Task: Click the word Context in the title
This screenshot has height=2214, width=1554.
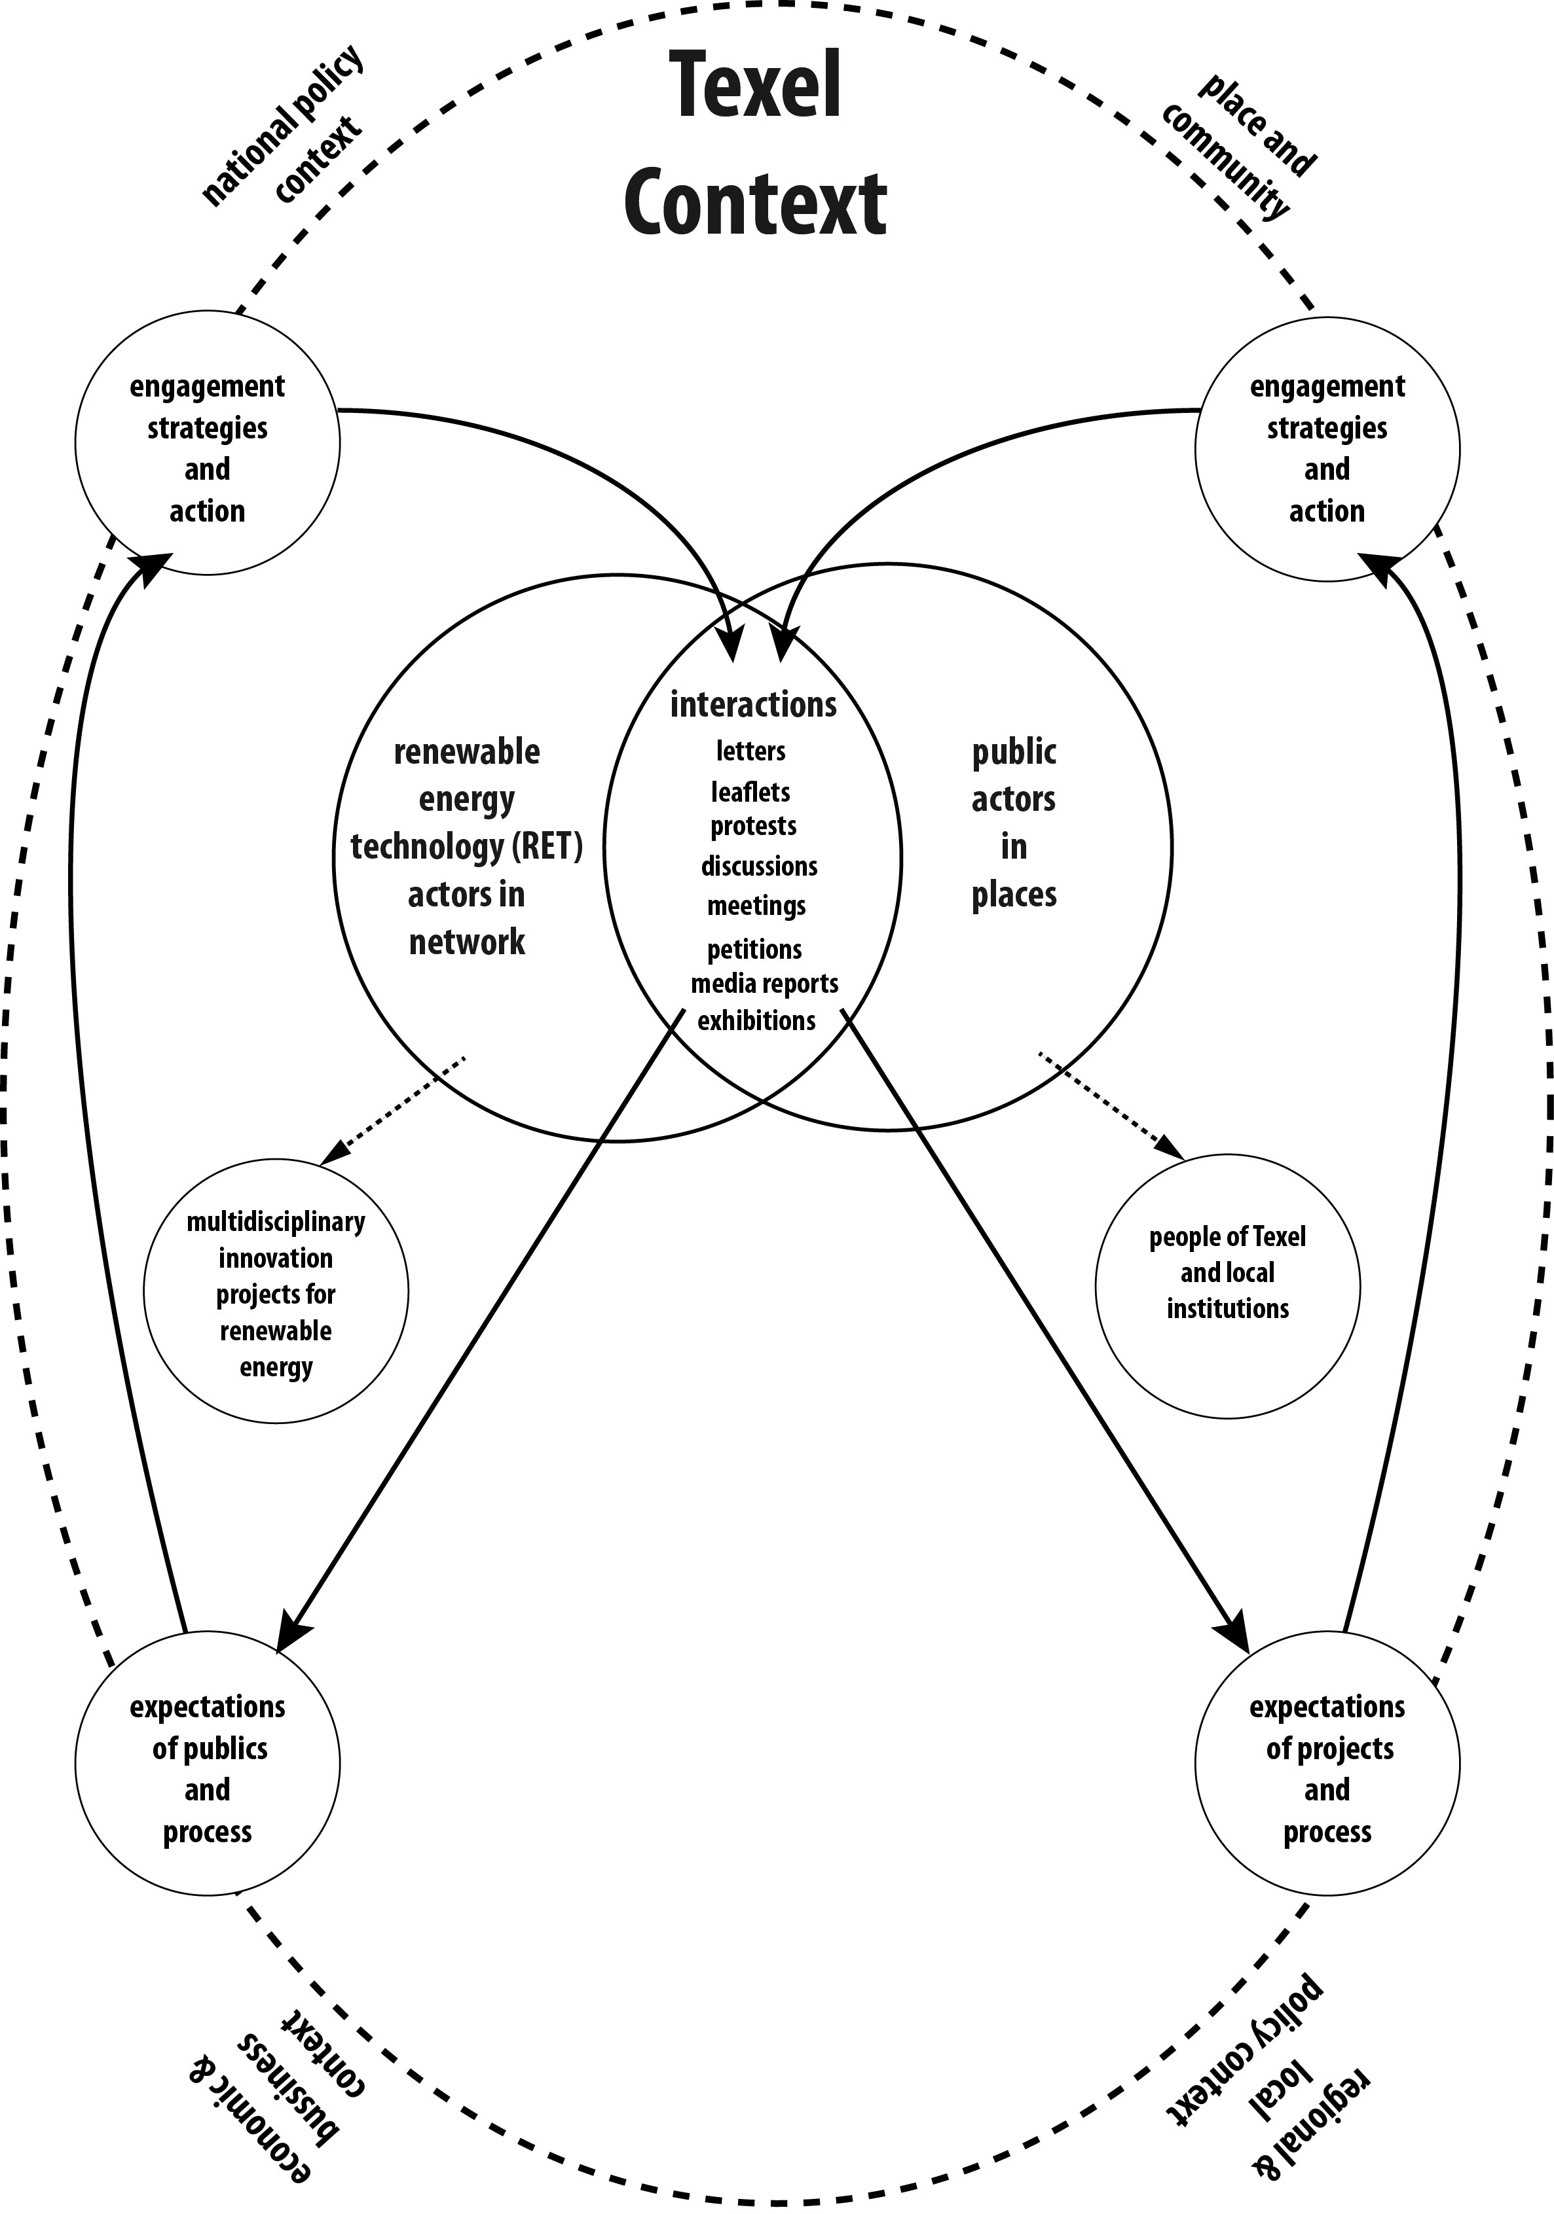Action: (755, 204)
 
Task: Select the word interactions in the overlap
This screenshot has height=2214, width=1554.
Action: (753, 705)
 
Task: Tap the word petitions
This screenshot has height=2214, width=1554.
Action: (754, 950)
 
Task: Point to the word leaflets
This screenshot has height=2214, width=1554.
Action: (750, 792)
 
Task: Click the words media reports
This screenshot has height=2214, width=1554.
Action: (764, 984)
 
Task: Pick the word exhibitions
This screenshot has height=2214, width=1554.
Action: (756, 1020)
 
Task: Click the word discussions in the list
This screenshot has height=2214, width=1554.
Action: (759, 866)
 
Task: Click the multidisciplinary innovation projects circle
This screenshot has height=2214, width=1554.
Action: (276, 1292)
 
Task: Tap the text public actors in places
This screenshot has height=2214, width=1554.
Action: (1014, 823)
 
